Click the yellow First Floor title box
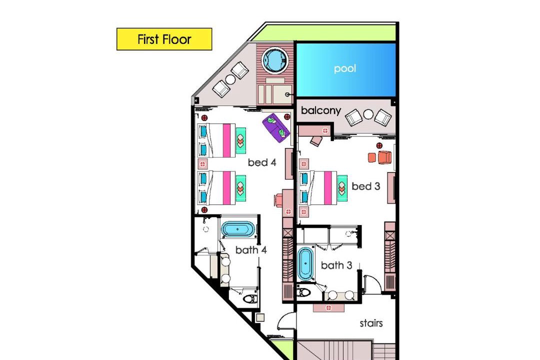(164, 39)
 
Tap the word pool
(344, 68)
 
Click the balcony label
(321, 110)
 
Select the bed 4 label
(262, 162)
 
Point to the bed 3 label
(365, 186)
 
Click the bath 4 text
(251, 250)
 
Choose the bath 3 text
(336, 265)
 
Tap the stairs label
(371, 323)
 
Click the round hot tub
(275, 60)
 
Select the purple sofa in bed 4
(276, 127)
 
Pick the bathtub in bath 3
(305, 263)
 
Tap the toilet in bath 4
(250, 298)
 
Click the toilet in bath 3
(304, 292)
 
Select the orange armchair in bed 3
(384, 157)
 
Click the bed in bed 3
(318, 188)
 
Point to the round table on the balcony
(368, 114)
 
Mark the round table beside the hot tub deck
(230, 79)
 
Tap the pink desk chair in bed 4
(279, 200)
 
